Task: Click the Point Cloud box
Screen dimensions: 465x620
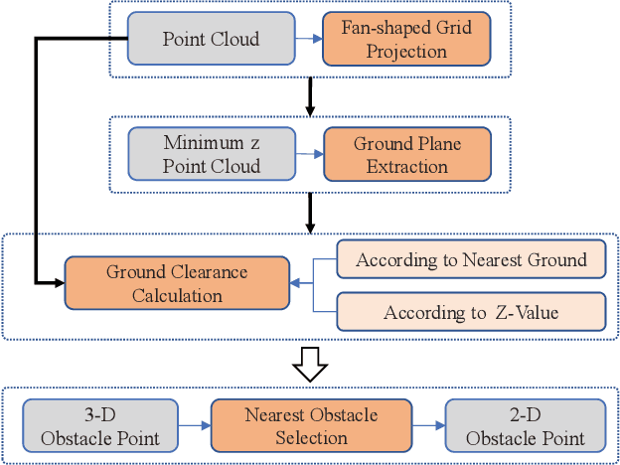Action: pos(211,39)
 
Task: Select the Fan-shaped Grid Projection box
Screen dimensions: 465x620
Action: pos(406,39)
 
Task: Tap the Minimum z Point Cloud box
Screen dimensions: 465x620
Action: pos(211,154)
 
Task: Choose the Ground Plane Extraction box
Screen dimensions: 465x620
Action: pos(406,154)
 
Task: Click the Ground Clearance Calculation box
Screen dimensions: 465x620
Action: pos(178,283)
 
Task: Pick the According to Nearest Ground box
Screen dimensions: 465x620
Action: pos(471,260)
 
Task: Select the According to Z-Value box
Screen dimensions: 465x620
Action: pos(471,312)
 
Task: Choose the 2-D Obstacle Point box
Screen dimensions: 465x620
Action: pos(525,425)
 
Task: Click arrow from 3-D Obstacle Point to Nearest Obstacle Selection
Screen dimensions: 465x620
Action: pos(194,425)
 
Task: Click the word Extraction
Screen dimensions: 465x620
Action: pos(406,166)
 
